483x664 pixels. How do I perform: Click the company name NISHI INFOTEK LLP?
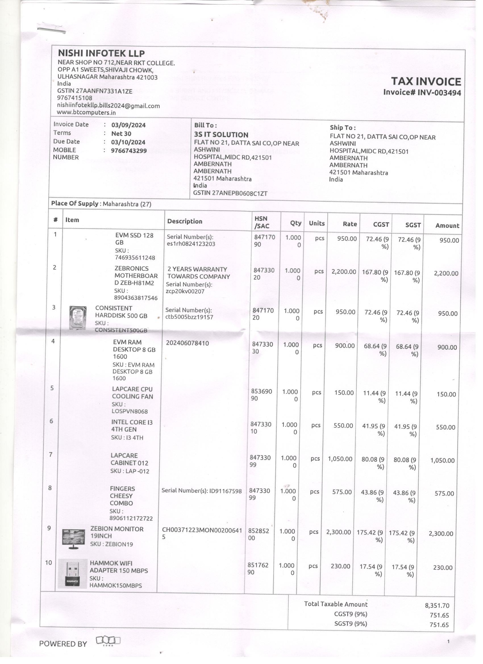click(x=101, y=53)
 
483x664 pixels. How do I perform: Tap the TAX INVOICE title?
click(x=426, y=82)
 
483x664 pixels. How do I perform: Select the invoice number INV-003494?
click(x=439, y=93)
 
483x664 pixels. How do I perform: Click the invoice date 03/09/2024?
click(x=128, y=125)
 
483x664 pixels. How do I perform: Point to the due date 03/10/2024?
click(x=128, y=142)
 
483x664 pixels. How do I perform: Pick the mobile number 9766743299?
click(x=129, y=151)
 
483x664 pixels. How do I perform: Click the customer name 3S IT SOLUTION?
click(x=221, y=135)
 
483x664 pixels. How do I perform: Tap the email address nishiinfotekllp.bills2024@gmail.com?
click(x=108, y=106)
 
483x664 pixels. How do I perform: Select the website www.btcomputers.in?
click(x=86, y=112)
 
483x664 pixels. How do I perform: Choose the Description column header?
click(x=185, y=221)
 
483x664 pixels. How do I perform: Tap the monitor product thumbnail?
click(x=74, y=539)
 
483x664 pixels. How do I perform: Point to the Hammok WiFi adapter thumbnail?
click(x=72, y=573)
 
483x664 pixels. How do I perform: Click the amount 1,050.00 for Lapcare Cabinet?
click(x=442, y=461)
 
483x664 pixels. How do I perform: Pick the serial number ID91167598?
click(x=225, y=491)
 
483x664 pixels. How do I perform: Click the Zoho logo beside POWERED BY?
click(x=108, y=640)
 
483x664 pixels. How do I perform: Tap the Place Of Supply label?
click(x=75, y=204)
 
